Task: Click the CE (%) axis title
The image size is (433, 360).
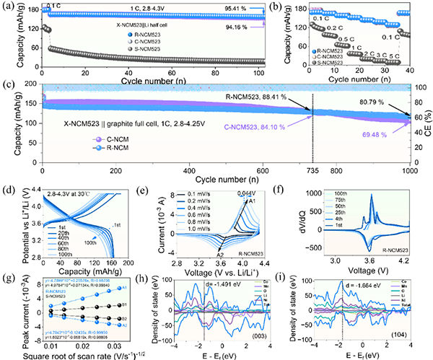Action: click(x=427, y=123)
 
